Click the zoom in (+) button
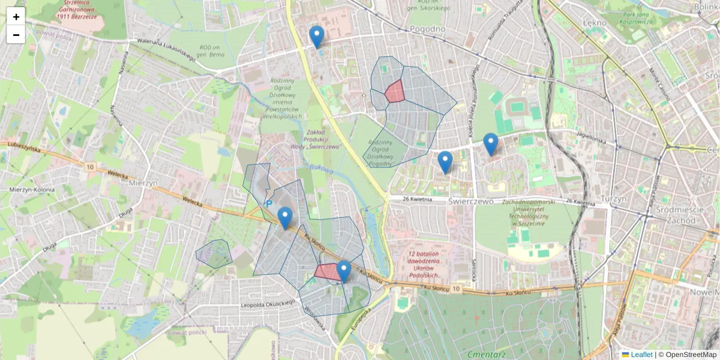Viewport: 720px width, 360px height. pos(16,17)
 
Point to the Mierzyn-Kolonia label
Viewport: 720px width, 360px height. pos(32,190)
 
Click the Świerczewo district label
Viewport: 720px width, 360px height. pos(470,202)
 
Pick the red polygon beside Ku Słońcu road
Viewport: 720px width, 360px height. pos(327,272)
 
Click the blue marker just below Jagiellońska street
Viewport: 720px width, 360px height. pos(491,144)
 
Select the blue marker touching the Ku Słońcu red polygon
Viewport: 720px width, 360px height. pos(343,271)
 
